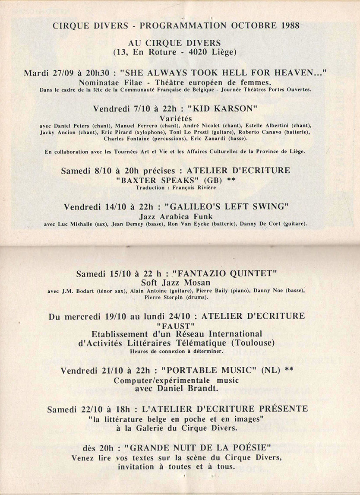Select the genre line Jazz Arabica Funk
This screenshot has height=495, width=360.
coord(180,216)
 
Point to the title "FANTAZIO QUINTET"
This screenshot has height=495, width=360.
coord(224,273)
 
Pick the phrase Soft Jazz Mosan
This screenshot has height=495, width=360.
coord(180,283)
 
